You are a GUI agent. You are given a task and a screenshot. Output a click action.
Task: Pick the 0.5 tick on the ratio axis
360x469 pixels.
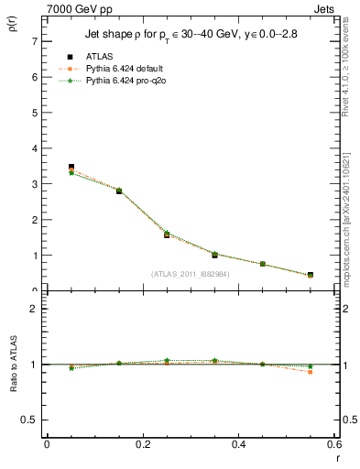click(29, 420)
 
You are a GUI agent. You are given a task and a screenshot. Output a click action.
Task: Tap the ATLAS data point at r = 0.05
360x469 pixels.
click(71, 168)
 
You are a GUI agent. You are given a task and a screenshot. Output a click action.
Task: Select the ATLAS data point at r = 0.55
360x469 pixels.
click(311, 275)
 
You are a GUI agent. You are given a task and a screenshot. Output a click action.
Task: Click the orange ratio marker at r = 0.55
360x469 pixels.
click(311, 372)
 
